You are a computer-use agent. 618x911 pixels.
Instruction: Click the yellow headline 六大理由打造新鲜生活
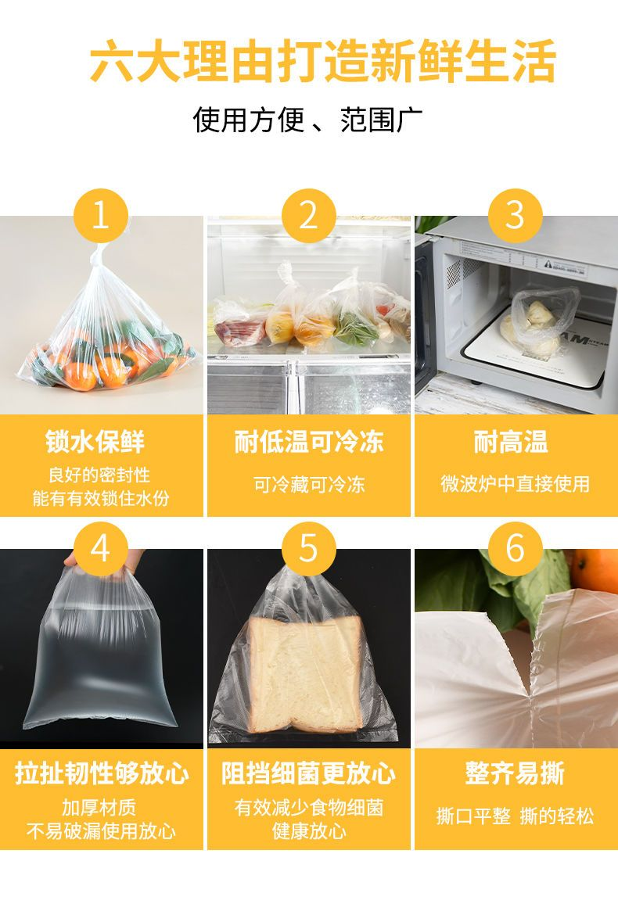pos(323,60)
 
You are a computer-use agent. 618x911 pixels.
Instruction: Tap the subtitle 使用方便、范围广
pos(307,120)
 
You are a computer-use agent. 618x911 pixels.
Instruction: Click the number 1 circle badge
pos(101,216)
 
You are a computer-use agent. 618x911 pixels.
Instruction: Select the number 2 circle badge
pos(309,216)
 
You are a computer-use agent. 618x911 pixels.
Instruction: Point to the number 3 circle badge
pos(515,216)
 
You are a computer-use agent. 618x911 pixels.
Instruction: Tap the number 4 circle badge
pos(101,548)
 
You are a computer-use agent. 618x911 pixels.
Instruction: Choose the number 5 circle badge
pos(309,548)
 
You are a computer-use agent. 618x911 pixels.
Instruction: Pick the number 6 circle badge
pos(515,548)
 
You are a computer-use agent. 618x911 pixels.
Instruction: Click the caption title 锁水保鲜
pos(95,442)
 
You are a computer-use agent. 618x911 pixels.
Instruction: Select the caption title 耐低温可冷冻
pos(309,442)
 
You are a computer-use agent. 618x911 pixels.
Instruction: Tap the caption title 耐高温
pos(511,442)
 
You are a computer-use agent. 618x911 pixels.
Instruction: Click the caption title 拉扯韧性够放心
pos(102,774)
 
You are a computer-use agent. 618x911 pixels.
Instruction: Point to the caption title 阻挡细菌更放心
pos(309,774)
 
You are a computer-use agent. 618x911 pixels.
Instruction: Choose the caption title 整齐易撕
pos(515,774)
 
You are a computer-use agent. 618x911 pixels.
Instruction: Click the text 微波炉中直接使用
pos(515,484)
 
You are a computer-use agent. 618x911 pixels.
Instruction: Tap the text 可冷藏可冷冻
pos(309,484)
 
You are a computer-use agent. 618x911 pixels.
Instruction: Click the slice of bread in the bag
pos(305,674)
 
